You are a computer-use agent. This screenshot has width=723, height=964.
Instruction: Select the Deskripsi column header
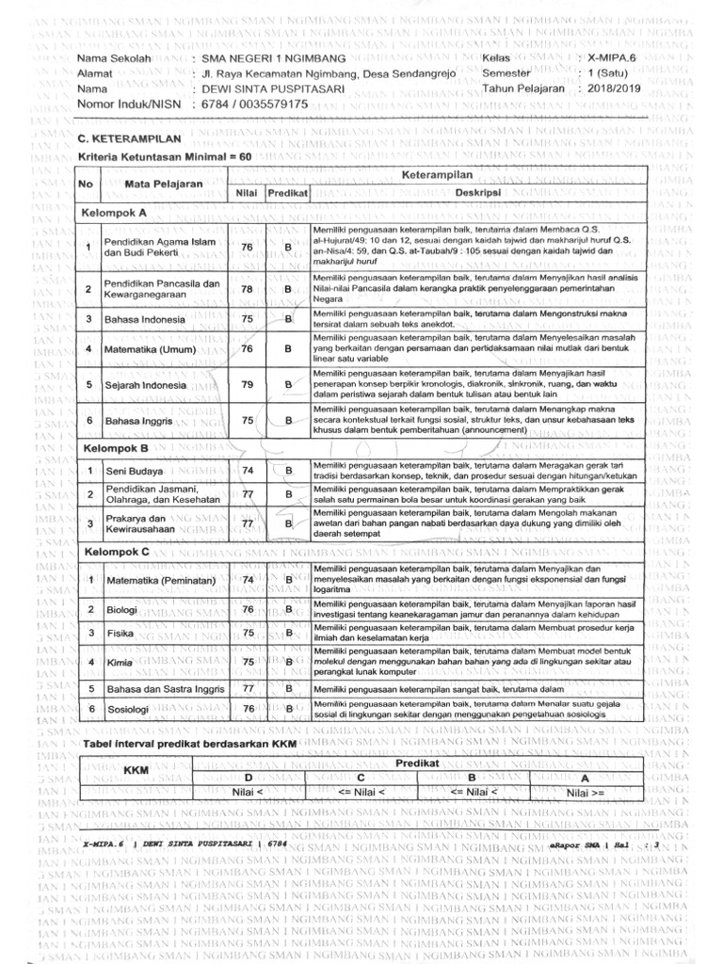476,192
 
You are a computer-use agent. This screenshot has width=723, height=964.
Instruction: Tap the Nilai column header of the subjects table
247,192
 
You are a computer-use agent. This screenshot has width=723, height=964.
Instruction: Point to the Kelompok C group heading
117,552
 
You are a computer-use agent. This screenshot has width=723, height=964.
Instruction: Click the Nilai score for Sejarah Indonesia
248,384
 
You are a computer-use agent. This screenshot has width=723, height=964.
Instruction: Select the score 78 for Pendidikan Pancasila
248,289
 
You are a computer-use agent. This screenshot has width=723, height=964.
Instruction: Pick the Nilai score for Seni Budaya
248,470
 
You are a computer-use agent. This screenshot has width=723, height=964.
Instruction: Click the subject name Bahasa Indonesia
143,319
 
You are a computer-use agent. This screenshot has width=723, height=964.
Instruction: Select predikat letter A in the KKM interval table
584,779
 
